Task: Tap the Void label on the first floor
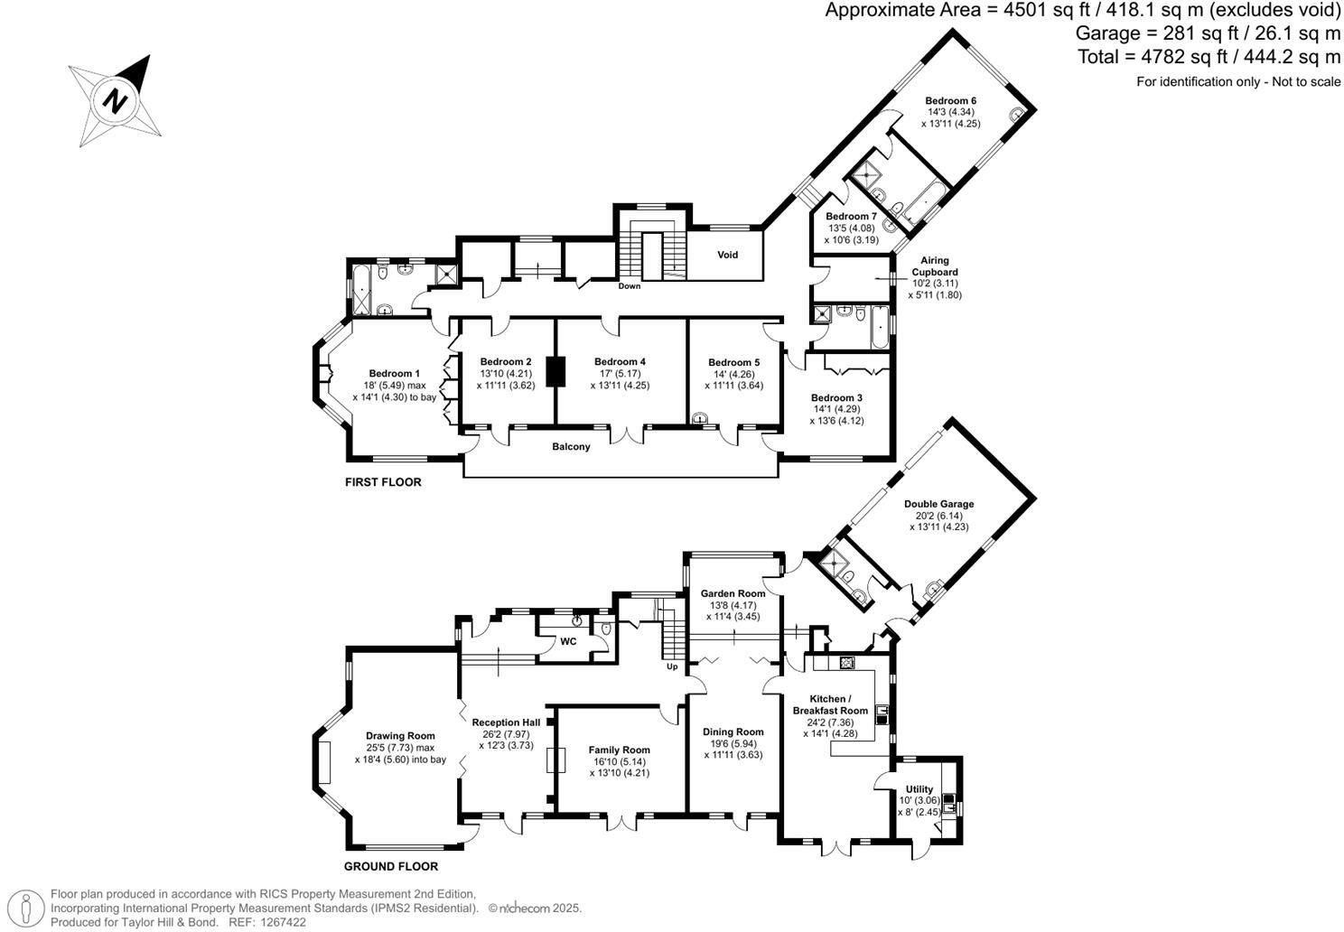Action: click(727, 255)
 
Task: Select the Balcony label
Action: click(571, 446)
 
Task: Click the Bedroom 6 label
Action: click(950, 100)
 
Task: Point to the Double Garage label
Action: click(938, 504)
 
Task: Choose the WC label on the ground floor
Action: click(568, 641)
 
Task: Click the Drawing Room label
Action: click(400, 735)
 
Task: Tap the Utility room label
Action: click(919, 788)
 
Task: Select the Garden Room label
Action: click(733, 593)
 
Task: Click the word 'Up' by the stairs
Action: click(671, 667)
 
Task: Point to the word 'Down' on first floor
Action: click(629, 286)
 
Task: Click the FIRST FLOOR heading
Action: click(383, 482)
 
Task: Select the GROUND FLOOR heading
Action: click(390, 866)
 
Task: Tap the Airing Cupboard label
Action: click(935, 266)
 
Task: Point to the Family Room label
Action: click(619, 750)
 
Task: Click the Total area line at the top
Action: click(1209, 57)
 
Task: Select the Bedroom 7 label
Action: click(851, 217)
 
